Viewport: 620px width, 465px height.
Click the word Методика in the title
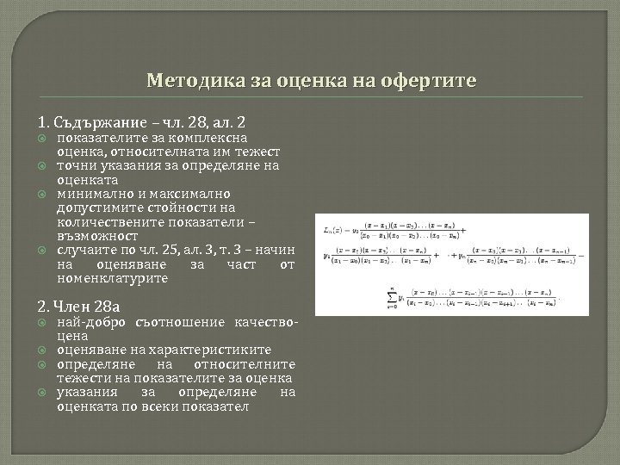pyautogui.click(x=189, y=82)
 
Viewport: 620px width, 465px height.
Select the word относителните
pyautogui.click(x=251, y=363)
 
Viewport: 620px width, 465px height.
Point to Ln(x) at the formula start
pyautogui.click(x=332, y=231)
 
